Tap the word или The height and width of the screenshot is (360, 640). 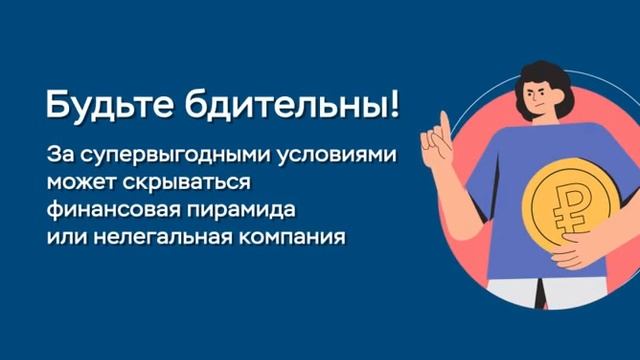(64, 239)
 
